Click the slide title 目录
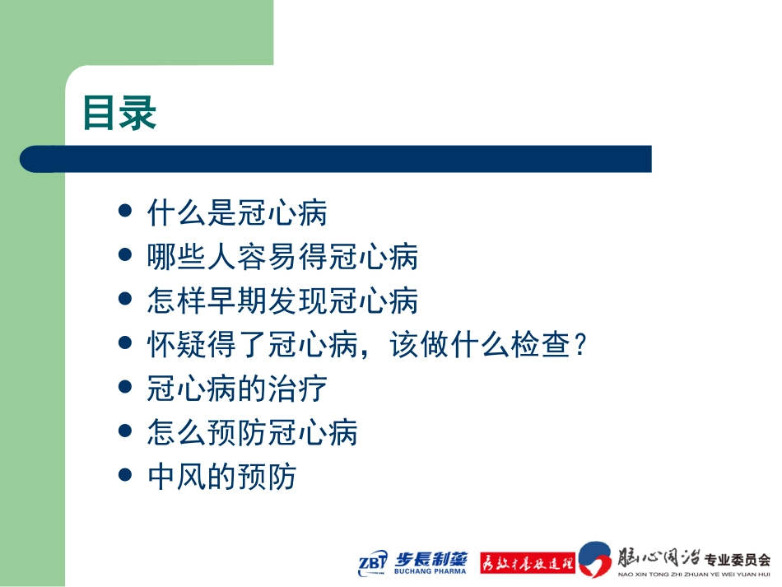click(119, 114)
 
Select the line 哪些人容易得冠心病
click(282, 257)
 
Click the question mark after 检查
click(580, 344)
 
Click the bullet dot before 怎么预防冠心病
click(125, 431)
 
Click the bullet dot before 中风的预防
click(125, 474)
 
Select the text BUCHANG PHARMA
click(431, 571)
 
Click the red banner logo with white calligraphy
click(526, 562)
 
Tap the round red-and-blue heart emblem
click(596, 559)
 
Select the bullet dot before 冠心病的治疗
click(125, 386)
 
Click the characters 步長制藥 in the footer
click(431, 556)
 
